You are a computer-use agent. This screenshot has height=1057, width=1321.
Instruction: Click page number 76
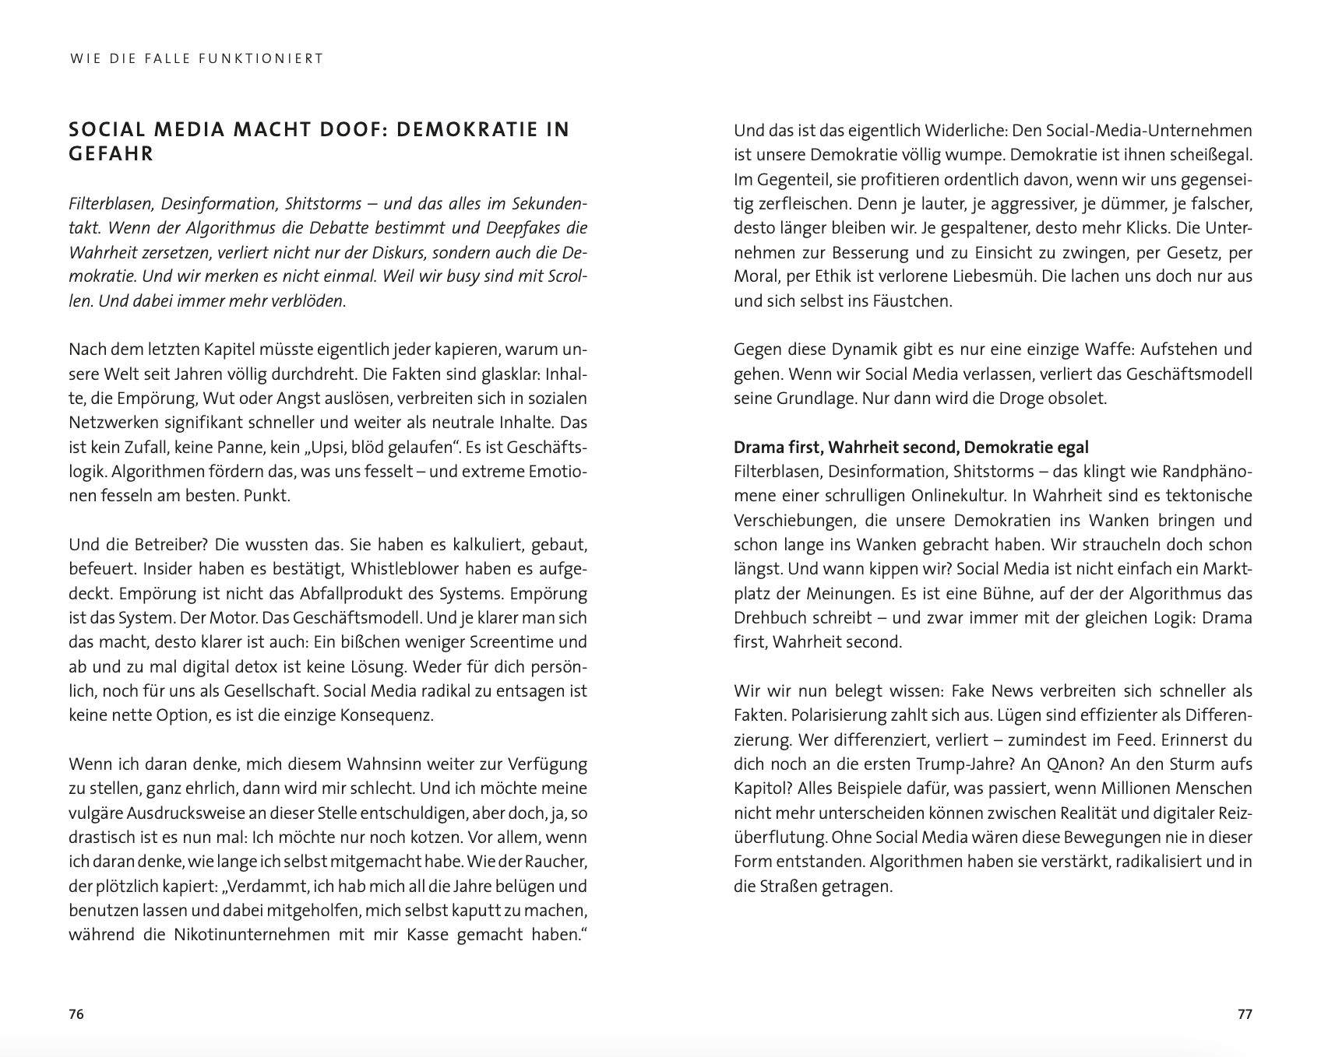coord(76,1014)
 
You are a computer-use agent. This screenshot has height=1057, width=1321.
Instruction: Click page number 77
coord(1245,1014)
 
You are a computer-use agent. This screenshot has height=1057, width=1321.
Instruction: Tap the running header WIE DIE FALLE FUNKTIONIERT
coord(196,58)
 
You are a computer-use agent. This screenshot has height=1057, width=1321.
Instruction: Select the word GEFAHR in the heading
coord(111,154)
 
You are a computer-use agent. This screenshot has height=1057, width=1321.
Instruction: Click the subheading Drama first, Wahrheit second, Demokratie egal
coord(911,447)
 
